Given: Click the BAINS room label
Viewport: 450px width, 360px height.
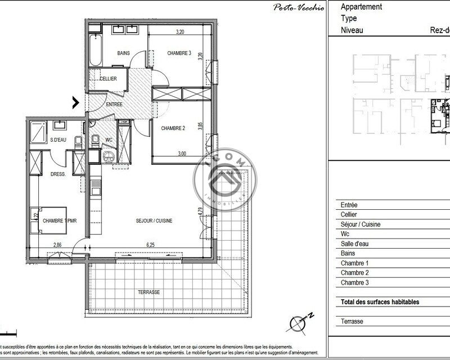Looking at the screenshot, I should pos(123,53).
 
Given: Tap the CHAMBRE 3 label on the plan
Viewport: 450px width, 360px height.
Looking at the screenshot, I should pos(179,53).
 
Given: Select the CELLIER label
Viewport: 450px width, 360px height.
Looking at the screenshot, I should pos(108,79).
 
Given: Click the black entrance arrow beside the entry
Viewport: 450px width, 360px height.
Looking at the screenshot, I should pos(75,102).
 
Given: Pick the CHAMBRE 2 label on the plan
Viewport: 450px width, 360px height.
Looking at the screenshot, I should pos(173,128).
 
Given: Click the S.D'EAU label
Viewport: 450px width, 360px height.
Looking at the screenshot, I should pos(58,139).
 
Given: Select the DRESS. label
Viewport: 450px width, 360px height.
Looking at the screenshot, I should pos(58,174).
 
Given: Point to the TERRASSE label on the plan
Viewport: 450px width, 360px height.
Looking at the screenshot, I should pos(149,292).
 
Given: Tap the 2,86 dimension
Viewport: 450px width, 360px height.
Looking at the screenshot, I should pos(58,245).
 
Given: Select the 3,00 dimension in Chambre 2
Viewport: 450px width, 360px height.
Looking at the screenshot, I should pos(182,153).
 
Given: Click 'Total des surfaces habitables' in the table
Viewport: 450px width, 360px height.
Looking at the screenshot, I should pos(379,302).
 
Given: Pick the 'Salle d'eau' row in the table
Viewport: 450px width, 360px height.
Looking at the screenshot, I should pos(359,244).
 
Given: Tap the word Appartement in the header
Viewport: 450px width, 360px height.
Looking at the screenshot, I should pos(362,7).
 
